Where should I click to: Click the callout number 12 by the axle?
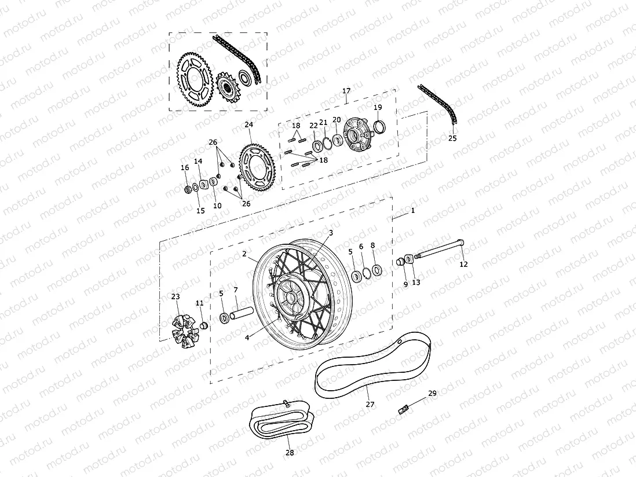pos(463,264)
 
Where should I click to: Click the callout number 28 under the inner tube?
pos(290,453)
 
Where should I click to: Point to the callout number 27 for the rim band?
pos(370,405)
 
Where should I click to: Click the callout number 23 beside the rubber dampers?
pos(176,296)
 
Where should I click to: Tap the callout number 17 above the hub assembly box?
pos(346,91)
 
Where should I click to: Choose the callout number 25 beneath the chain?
pos(452,138)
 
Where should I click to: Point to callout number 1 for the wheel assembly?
pos(412,211)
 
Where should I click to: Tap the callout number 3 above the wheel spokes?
pos(331,233)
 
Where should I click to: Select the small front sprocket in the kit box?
pos(228,89)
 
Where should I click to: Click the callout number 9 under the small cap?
pos(405,284)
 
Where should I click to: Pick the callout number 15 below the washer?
pos(200,211)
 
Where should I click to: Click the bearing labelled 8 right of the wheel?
pos(377,270)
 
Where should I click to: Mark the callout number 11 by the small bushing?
pos(200,303)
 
